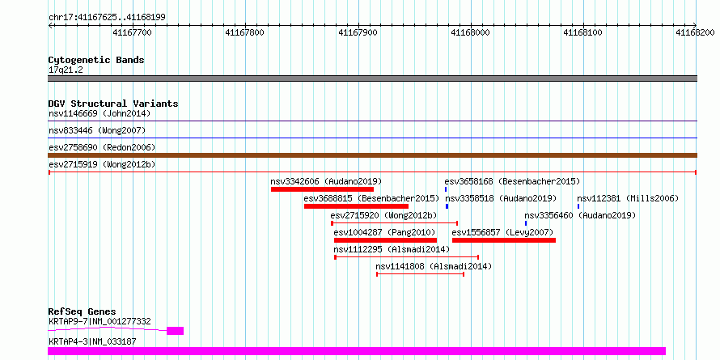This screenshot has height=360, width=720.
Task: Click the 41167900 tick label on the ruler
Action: click(358, 32)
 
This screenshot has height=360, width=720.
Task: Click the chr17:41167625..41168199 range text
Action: click(107, 18)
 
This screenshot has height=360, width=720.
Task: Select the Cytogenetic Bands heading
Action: click(96, 60)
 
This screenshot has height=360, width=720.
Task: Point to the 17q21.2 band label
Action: click(66, 70)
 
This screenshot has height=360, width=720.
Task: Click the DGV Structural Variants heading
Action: click(113, 104)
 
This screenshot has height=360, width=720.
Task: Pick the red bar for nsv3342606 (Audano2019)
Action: click(322, 189)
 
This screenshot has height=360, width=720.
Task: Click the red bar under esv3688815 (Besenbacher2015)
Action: click(356, 206)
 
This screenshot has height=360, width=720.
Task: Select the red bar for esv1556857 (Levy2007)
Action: click(504, 240)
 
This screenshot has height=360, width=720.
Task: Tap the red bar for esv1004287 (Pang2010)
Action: click(385, 240)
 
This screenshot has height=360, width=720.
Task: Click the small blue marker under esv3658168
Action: click(446, 189)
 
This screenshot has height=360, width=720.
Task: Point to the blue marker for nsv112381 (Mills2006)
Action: click(578, 206)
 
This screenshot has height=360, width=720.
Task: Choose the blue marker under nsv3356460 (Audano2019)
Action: click(526, 223)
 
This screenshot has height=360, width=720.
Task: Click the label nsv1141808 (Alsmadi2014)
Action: click(434, 266)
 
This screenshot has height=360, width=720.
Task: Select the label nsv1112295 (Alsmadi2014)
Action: click(392, 249)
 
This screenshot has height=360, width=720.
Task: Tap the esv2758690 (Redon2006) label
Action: click(102, 147)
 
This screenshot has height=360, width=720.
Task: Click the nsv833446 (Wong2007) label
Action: click(97, 130)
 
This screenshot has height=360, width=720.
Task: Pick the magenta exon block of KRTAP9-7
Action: click(175, 331)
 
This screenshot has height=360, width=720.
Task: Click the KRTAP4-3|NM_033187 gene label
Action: click(92, 341)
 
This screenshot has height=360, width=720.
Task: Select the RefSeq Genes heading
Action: click(83, 311)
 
